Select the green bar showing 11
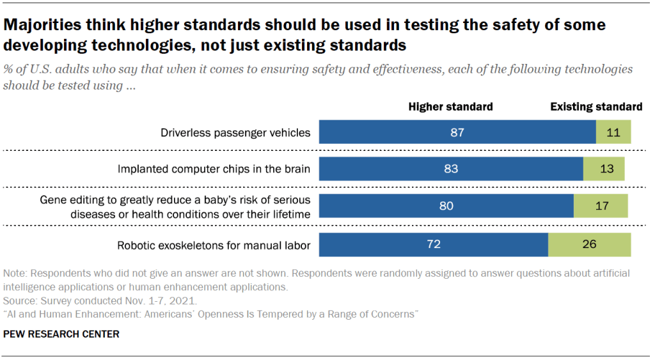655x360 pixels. [x=613, y=132]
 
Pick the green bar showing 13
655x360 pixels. [x=603, y=169]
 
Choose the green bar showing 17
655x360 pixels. [x=601, y=207]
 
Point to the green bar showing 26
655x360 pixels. [x=589, y=244]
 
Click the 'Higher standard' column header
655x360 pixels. [x=450, y=107]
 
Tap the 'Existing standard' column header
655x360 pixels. [x=596, y=107]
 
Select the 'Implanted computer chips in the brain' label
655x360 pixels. [x=214, y=169]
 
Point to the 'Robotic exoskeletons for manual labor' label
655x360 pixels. [x=214, y=245]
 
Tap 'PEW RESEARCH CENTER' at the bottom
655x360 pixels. [x=61, y=334]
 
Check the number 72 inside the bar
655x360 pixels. [x=433, y=244]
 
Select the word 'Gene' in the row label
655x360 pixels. [x=52, y=200]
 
